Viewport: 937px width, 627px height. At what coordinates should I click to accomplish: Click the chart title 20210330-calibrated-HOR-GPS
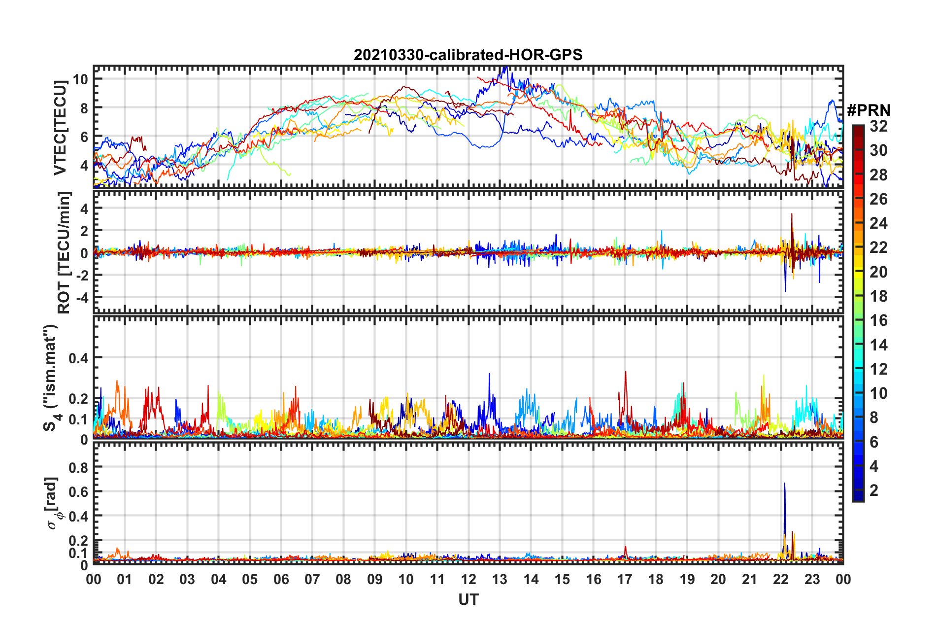click(x=468, y=55)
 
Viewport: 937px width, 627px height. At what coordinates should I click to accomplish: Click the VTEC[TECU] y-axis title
click(x=60, y=128)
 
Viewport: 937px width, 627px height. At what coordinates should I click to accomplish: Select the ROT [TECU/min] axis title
click(x=64, y=253)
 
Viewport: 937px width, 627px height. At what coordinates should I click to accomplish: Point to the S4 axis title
click(x=51, y=378)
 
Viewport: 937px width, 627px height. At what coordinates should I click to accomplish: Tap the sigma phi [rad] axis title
click(x=52, y=503)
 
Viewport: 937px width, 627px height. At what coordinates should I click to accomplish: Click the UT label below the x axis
click(x=468, y=599)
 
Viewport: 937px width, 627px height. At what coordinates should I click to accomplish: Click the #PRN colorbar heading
click(x=868, y=110)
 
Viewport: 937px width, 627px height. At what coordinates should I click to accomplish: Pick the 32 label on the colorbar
click(x=878, y=126)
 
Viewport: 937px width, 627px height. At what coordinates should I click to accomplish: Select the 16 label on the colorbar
click(x=878, y=320)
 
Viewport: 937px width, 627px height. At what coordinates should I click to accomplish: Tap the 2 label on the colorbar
click(x=874, y=490)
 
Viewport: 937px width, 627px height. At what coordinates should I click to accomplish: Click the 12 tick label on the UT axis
click(x=468, y=579)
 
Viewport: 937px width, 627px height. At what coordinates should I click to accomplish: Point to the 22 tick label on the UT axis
click(x=780, y=579)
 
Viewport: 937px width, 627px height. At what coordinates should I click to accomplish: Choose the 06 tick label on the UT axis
click(x=281, y=579)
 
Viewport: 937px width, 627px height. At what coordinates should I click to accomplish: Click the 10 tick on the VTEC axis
click(x=80, y=79)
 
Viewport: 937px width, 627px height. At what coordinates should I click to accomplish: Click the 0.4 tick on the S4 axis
click(x=78, y=358)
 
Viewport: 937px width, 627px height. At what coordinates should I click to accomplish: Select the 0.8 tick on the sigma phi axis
click(x=78, y=467)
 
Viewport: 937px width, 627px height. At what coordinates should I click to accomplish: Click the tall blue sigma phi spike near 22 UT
click(x=784, y=485)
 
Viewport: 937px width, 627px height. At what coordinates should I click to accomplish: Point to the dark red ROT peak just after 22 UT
click(x=792, y=215)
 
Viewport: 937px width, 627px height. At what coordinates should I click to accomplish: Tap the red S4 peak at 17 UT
click(x=625, y=373)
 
